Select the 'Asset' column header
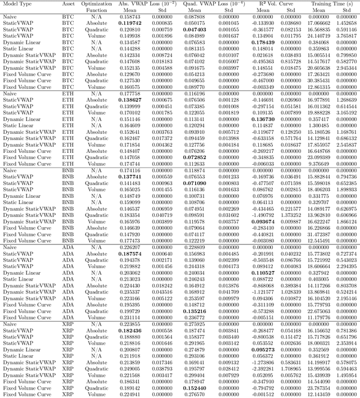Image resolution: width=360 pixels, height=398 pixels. tap(70, 3)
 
